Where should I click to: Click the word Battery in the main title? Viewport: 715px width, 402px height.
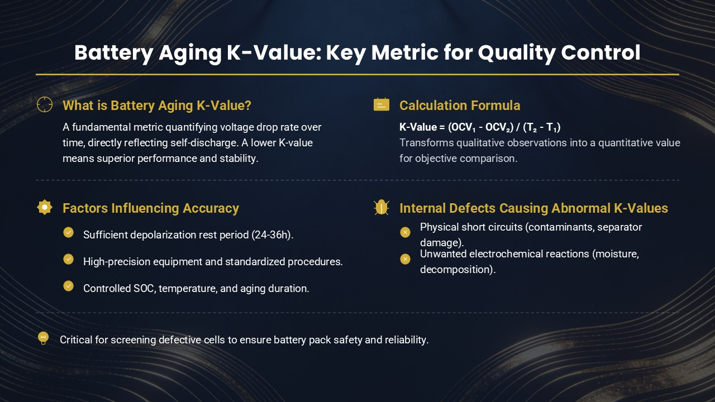pyautogui.click(x=113, y=53)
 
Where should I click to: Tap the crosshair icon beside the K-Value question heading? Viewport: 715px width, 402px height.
pyautogui.click(x=45, y=104)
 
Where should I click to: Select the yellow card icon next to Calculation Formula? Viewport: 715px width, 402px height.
pyautogui.click(x=382, y=104)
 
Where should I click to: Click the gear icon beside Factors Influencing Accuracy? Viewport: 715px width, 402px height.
pyautogui.click(x=45, y=207)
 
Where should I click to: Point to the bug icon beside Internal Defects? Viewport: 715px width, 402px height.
pyautogui.click(x=382, y=207)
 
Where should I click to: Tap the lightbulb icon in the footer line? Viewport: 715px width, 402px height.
pyautogui.click(x=43, y=338)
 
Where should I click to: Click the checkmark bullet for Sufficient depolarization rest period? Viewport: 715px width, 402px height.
pyautogui.click(x=68, y=232)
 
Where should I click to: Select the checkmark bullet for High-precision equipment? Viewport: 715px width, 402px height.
pyautogui.click(x=68, y=259)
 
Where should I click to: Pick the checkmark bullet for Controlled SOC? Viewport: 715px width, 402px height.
pyautogui.click(x=68, y=286)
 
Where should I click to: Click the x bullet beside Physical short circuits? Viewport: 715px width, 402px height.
pyautogui.click(x=406, y=232)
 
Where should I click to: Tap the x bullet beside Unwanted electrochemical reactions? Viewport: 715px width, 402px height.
pyautogui.click(x=406, y=259)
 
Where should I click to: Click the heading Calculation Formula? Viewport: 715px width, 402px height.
pyautogui.click(x=460, y=106)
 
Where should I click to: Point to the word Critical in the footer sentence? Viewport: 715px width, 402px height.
pyautogui.click(x=76, y=340)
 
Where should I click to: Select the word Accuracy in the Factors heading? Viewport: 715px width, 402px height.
pyautogui.click(x=211, y=208)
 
